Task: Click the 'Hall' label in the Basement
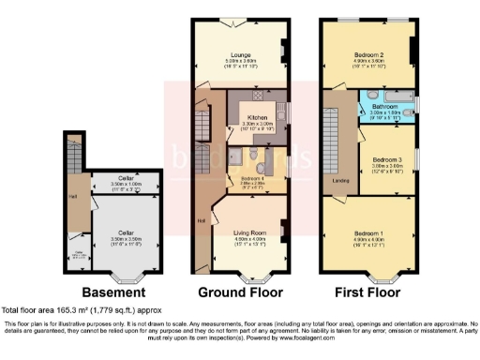pyautogui.click(x=71, y=196)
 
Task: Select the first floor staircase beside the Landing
pyautogui.click(x=332, y=141)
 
